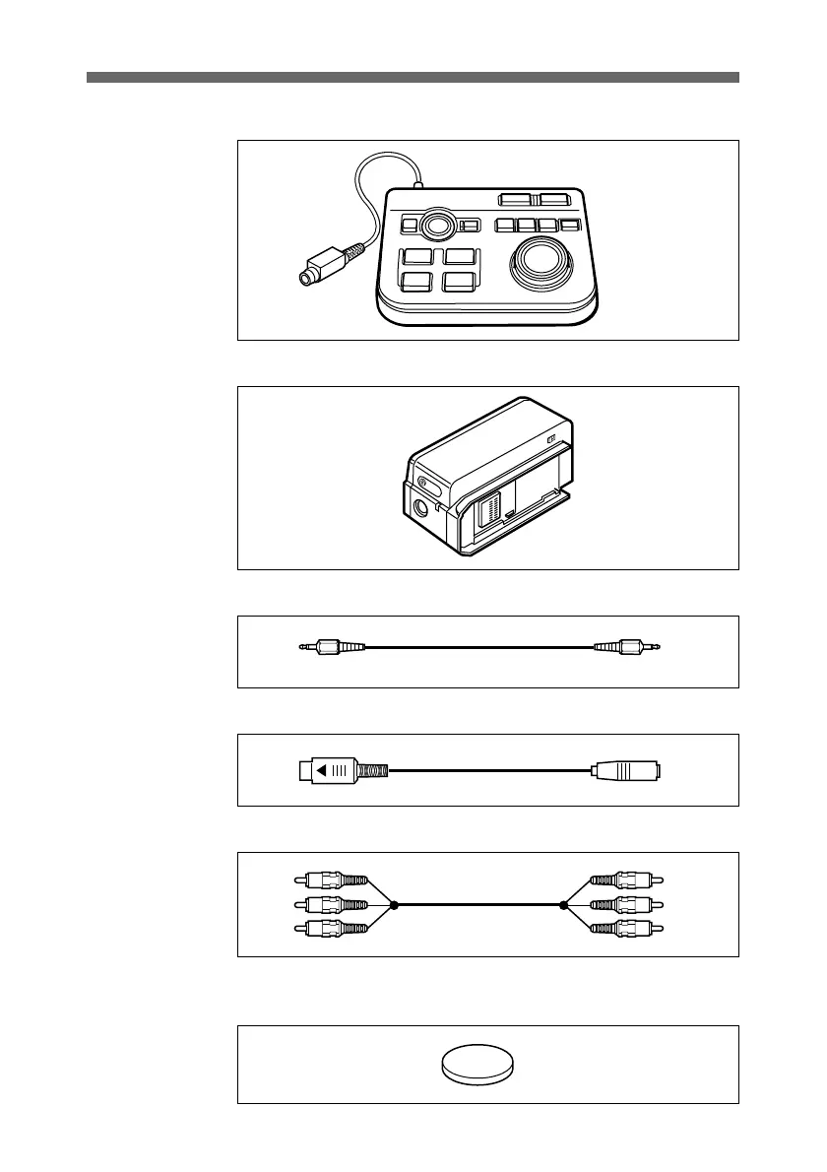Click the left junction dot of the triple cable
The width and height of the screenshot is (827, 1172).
coord(393,904)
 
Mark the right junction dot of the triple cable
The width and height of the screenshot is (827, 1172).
coord(563,904)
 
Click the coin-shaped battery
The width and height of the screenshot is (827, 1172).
coord(477,1065)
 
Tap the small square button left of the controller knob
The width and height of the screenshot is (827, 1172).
coord(410,226)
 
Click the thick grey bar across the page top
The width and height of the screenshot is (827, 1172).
coord(413,77)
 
